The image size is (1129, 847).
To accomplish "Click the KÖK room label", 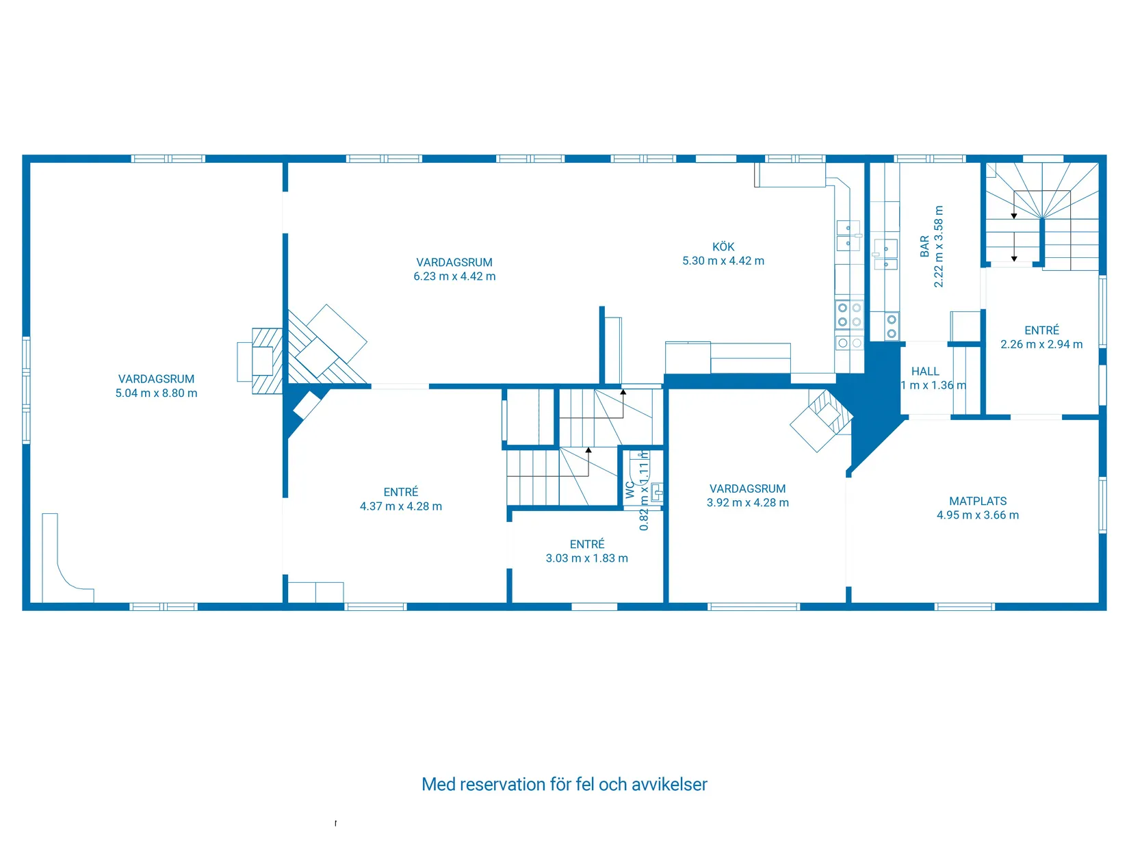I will tap(723, 247).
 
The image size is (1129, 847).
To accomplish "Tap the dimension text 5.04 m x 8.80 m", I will tap(156, 393).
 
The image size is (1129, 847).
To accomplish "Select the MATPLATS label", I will tap(977, 501).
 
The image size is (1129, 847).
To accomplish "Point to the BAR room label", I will tap(924, 246).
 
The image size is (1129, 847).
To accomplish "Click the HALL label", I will tap(925, 372).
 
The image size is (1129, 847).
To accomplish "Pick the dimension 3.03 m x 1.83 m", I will tap(586, 558).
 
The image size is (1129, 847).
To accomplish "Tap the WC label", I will tap(630, 490).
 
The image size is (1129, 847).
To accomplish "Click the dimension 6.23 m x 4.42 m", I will tap(454, 276).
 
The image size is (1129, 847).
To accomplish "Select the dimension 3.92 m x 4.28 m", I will tap(747, 503).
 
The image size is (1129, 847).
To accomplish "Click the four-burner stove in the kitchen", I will tap(849, 315).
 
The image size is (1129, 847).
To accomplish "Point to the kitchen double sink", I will tap(848, 235).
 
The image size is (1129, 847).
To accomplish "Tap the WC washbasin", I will tap(656, 492).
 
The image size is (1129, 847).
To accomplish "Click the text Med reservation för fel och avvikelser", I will tap(564, 784).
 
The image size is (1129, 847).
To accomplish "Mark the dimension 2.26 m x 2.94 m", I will tap(1041, 344).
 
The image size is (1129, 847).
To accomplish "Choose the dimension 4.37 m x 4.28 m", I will tap(400, 506).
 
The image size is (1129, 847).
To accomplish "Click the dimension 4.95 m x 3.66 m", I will tap(977, 515).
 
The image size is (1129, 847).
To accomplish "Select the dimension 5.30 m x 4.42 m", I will tap(723, 261).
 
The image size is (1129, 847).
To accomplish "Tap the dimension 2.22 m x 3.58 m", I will tap(939, 246).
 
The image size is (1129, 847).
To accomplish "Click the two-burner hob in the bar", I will tap(891, 326).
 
